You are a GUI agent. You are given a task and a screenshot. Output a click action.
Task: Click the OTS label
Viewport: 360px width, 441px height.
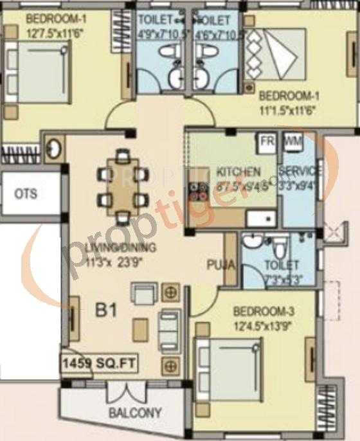point(26,194)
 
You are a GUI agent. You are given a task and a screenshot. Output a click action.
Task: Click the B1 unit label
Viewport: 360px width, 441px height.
point(106,311)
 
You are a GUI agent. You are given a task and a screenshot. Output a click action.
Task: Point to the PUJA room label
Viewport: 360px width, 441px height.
point(219,265)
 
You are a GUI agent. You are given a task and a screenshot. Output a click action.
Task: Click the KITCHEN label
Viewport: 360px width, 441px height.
point(239,172)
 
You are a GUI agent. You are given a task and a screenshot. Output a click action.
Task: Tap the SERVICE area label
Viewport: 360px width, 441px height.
point(300,172)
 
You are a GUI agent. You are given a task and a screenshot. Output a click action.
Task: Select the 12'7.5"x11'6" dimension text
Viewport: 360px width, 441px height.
point(55,29)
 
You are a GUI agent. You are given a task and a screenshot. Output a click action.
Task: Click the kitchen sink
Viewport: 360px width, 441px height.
point(261,219)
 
